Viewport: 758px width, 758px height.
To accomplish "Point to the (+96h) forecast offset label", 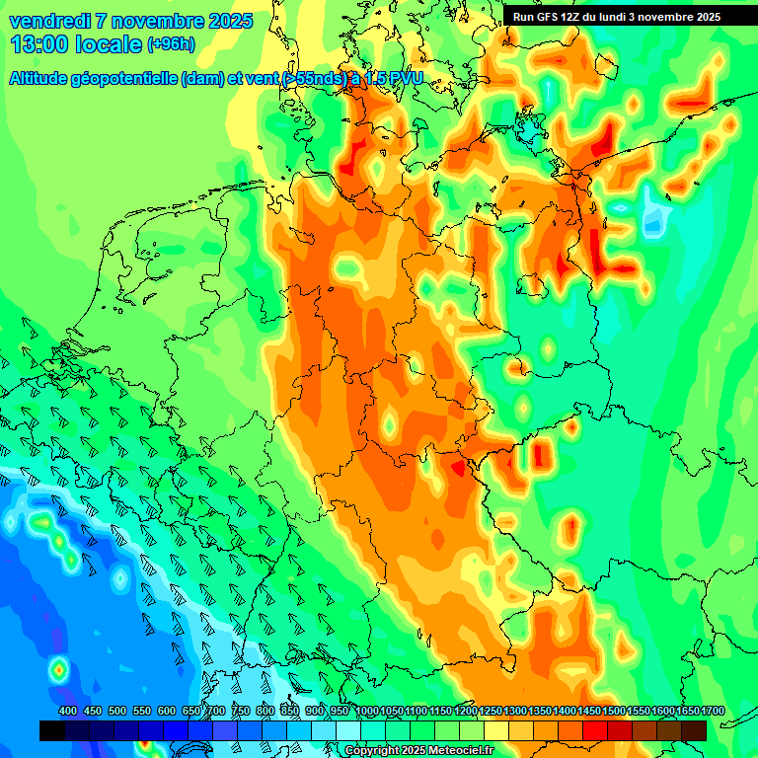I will [171, 44].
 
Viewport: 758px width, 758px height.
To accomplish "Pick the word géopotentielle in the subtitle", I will [130, 78].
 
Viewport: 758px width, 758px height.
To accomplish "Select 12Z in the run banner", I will [578, 17].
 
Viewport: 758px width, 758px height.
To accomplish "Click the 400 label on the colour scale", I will [68, 711].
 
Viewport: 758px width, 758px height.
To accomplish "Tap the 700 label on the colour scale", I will [216, 711].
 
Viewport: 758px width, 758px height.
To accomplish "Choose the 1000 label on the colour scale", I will [366, 711].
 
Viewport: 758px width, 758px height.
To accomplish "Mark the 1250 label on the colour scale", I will [491, 711].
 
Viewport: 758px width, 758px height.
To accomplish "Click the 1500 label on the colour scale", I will [614, 711].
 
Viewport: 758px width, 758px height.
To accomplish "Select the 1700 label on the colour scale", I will [713, 711].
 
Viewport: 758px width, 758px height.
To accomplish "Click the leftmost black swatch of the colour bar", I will [52, 730].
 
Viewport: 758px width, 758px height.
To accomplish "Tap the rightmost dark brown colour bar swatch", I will [694, 730].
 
